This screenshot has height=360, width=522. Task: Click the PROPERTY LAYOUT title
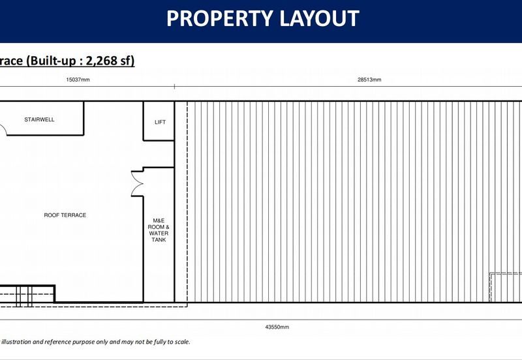[263, 18]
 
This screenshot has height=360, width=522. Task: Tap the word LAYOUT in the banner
[320, 18]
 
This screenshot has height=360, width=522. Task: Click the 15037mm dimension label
[78, 80]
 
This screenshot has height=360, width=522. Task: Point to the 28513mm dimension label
[369, 80]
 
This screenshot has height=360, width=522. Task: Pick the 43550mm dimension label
[277, 327]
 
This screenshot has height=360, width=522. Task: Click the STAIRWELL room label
[39, 120]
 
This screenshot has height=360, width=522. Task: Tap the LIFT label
[160, 122]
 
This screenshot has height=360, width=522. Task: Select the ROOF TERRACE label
[65, 215]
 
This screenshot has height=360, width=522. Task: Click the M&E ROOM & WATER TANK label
[159, 230]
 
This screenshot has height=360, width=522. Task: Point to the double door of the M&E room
[137, 183]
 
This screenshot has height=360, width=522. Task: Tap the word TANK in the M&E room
[159, 239]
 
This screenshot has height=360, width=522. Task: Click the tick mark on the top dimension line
[174, 87]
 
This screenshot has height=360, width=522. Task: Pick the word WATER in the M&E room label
[159, 233]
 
